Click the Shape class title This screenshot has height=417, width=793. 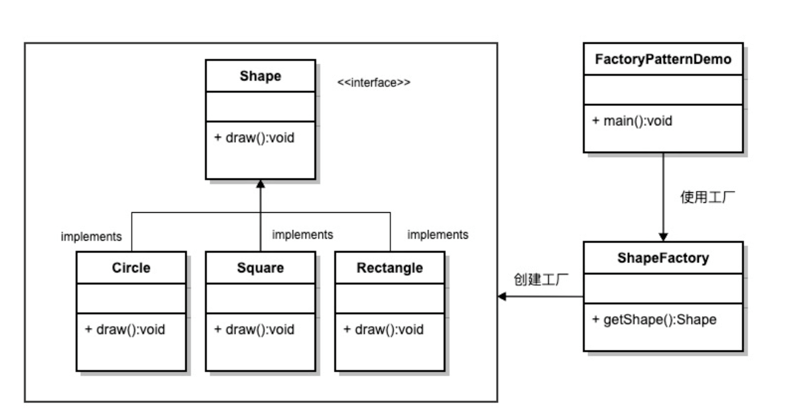point(261,76)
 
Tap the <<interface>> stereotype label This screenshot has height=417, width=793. point(374,82)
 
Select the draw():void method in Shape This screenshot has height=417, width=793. point(255,137)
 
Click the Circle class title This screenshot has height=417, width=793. point(131,267)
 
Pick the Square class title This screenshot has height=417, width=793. point(261,268)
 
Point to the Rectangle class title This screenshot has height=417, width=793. point(390,268)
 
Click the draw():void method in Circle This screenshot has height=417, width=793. point(125,329)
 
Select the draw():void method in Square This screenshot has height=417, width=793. point(255,329)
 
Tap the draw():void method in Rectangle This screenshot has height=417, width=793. point(384,329)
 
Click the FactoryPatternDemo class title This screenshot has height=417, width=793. point(663,59)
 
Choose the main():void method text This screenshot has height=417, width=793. point(632,121)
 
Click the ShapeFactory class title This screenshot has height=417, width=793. point(663,258)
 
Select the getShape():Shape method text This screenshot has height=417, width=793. point(654,320)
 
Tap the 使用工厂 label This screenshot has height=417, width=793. point(707,197)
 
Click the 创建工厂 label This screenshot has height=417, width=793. point(541,279)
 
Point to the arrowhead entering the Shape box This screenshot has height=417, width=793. point(261,184)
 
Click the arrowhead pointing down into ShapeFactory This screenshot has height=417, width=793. point(664,237)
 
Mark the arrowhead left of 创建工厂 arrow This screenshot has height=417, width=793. point(502,296)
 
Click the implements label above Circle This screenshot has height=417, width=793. point(91,237)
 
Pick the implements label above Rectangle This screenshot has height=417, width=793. point(438,235)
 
